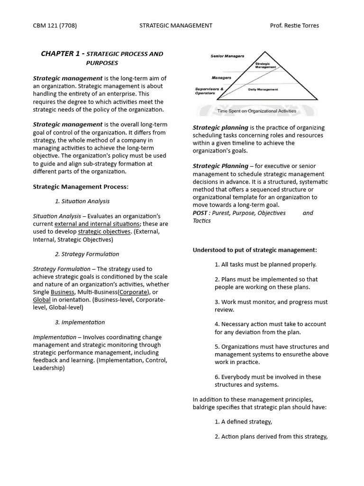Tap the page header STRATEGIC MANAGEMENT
pyautogui.click(x=176, y=26)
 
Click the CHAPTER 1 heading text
pyautogui.click(x=60, y=54)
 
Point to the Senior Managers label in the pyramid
pyautogui.click(x=227, y=56)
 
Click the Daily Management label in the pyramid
pyautogui.click(x=263, y=89)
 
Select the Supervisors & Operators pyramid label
pyautogui.click(x=208, y=91)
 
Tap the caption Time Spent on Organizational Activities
pyautogui.click(x=256, y=111)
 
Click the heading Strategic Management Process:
pyautogui.click(x=80, y=187)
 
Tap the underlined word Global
pyautogui.click(x=42, y=300)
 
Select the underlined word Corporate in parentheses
pyautogui.click(x=133, y=292)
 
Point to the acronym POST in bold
pyautogui.click(x=200, y=213)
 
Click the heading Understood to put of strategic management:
pyautogui.click(x=255, y=250)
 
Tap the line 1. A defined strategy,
pyautogui.click(x=243, y=421)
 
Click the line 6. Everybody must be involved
pyautogui.click(x=268, y=377)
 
